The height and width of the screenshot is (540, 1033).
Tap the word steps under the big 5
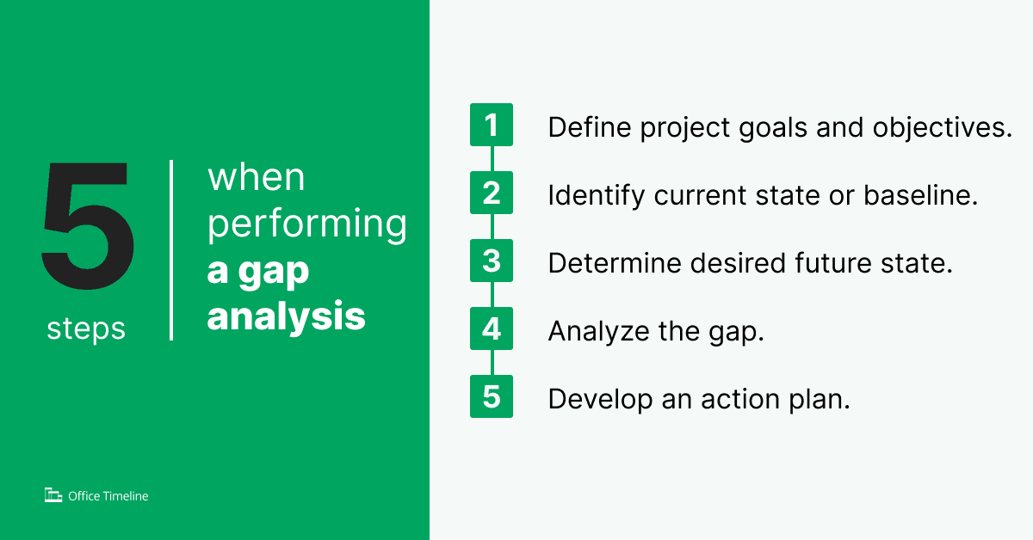coord(86,328)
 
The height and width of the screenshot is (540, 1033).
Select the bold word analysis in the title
coord(287,316)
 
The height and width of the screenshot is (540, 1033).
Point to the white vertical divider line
coord(171,249)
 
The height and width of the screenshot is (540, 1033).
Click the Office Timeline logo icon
coord(53,495)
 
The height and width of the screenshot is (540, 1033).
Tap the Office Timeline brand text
coord(108,496)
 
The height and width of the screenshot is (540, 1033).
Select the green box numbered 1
coord(492,125)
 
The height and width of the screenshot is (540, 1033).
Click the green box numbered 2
coord(492,193)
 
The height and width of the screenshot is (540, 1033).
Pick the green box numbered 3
coord(492,261)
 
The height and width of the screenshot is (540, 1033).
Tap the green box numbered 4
coord(492,328)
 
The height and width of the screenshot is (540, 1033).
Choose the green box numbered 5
coord(492,396)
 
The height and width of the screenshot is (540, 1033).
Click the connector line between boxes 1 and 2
coord(492,158)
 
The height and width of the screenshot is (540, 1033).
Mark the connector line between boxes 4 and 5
coord(492,362)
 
